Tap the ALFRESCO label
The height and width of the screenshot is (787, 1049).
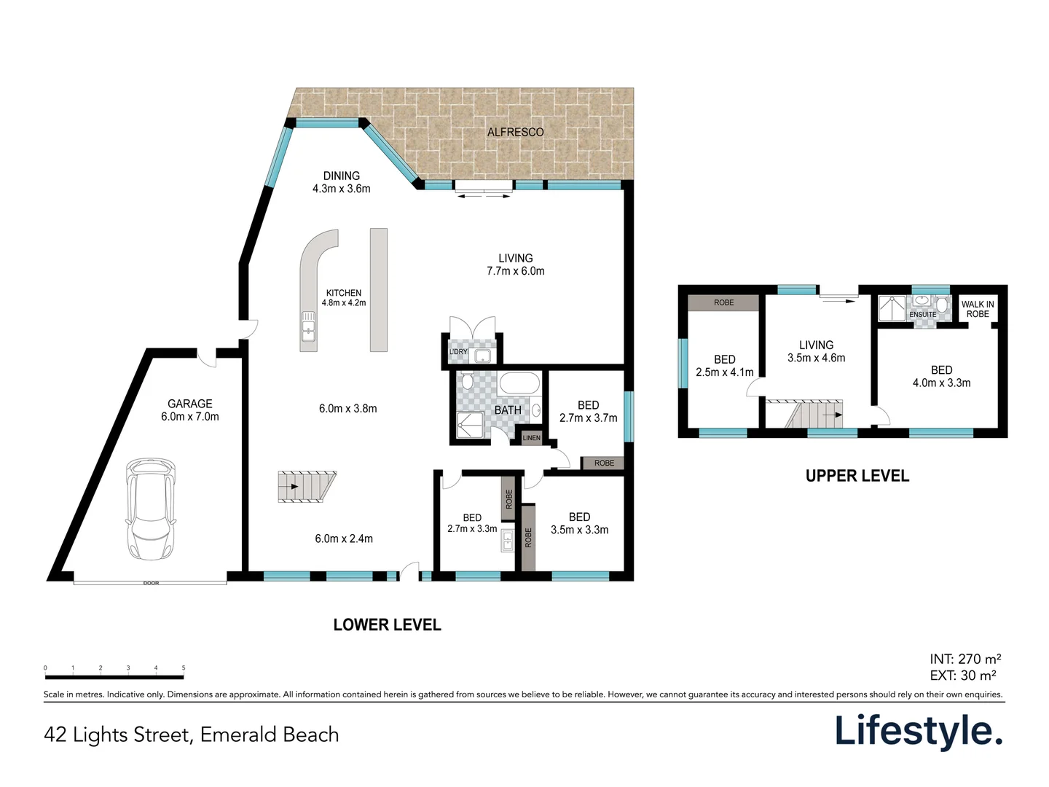(515, 132)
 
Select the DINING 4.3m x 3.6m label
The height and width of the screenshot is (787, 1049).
(341, 182)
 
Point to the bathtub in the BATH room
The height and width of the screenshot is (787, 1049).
(519, 383)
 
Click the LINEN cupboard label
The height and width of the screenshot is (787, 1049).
(531, 437)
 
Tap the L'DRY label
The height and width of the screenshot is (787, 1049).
(458, 352)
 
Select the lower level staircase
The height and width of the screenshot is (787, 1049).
(306, 487)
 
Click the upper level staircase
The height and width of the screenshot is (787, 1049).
(814, 414)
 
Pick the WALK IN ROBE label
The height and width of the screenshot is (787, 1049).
(977, 309)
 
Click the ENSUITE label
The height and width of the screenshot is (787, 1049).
(922, 315)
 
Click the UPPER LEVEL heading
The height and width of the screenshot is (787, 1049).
(857, 476)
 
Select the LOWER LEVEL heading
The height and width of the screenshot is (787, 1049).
(387, 624)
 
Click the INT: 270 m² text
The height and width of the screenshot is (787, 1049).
(965, 659)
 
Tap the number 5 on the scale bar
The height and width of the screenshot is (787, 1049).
(184, 667)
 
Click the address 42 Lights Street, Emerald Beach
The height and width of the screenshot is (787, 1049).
(192, 734)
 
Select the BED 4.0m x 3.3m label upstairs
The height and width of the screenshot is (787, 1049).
(941, 376)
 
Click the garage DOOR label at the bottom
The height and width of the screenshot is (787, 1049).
(151, 583)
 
